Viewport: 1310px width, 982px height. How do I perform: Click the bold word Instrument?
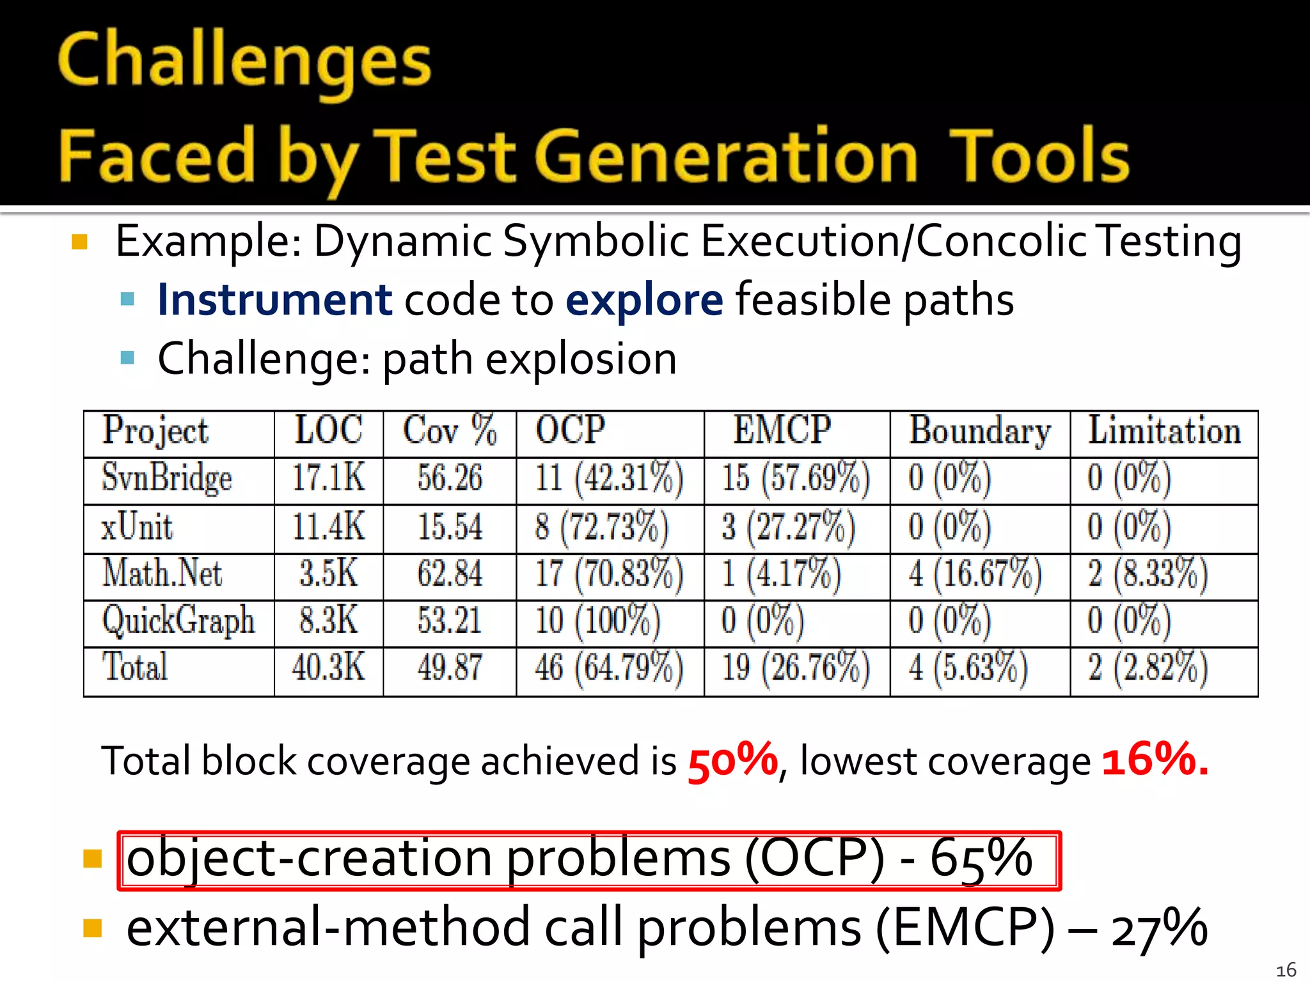point(274,300)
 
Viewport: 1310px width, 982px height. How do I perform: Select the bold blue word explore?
point(644,300)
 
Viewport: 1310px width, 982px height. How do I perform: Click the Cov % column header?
point(450,430)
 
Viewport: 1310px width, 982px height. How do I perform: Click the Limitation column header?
point(1164,430)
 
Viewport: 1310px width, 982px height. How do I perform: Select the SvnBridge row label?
point(167,478)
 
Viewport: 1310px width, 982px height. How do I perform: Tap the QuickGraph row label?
point(178,621)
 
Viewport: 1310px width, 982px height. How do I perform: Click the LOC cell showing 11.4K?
point(328,527)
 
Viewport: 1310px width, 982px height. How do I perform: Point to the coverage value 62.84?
point(450,573)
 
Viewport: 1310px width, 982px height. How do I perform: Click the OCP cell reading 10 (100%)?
point(597,621)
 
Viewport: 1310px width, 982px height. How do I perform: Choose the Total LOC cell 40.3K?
point(328,668)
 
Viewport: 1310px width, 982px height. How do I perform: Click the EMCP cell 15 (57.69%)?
point(796,478)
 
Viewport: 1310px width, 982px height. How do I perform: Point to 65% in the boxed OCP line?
point(981,859)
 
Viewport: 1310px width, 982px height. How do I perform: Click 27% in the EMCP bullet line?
point(1158,929)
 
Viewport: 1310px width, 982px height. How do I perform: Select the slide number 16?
point(1286,969)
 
